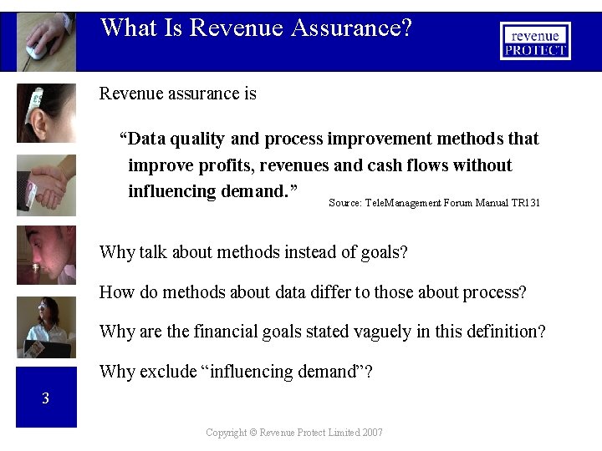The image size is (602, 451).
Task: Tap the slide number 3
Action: click(x=46, y=398)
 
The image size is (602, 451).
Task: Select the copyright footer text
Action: click(x=294, y=433)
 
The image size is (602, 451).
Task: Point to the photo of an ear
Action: click(x=46, y=113)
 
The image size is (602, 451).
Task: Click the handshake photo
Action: click(x=46, y=185)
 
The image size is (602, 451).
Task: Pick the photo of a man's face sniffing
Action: click(x=46, y=255)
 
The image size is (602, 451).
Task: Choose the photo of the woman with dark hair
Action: click(x=46, y=327)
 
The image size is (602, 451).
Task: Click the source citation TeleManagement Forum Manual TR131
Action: click(x=434, y=202)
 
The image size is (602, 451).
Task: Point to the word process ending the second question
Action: click(x=497, y=292)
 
